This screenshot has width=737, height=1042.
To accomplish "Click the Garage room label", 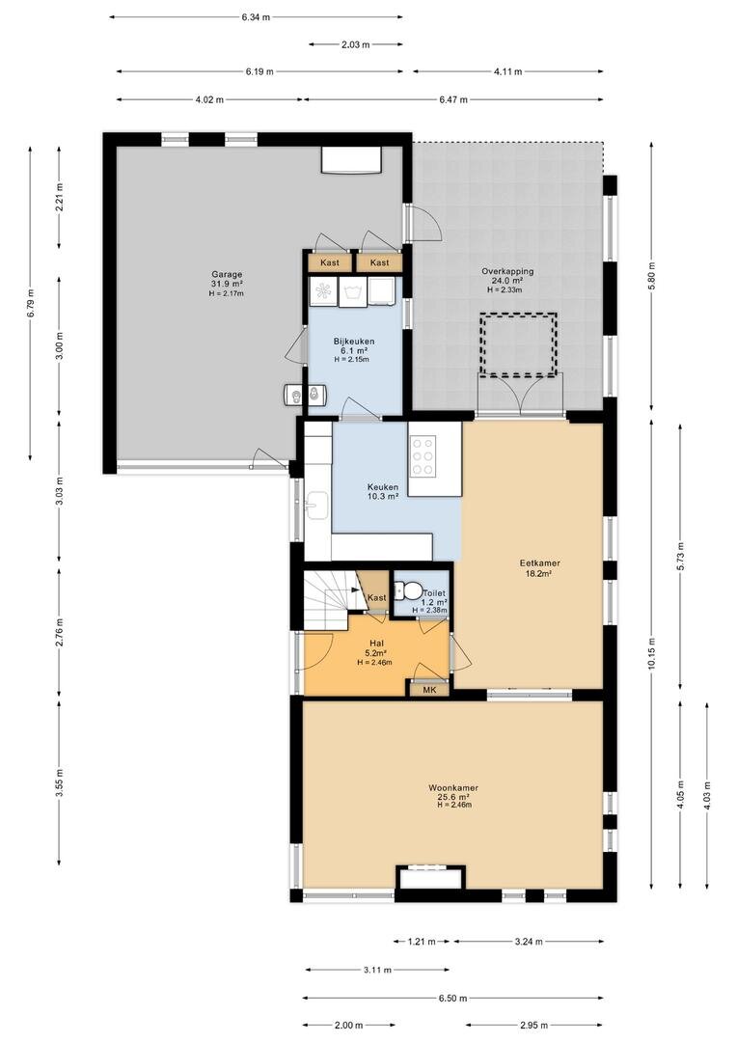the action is pos(227,274).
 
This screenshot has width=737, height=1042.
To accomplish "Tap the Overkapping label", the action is pos(507,271).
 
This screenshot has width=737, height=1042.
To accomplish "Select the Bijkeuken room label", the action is pos(353,342).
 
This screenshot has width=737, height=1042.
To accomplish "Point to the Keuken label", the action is pos(383,486).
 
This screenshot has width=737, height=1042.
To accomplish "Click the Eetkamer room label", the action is pos(539,562).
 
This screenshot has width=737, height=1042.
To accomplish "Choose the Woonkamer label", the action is pos(453,788).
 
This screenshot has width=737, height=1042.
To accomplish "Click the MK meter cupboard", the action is pos(429,690).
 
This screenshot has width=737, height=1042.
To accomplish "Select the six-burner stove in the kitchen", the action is pos(423,455).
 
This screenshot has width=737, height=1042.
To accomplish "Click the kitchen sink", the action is pos(317,505).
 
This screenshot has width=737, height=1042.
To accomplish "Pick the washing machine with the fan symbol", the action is pos(323,291).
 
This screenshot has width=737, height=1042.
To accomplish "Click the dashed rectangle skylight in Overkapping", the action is pos(518,344).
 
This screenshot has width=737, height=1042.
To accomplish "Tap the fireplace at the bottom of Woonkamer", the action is pos(430,876).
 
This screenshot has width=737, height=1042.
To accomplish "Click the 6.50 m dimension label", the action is pos(453,999).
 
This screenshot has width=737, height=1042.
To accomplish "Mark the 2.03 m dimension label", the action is pos(355,44).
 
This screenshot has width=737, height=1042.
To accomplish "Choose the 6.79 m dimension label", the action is pos(31,304).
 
